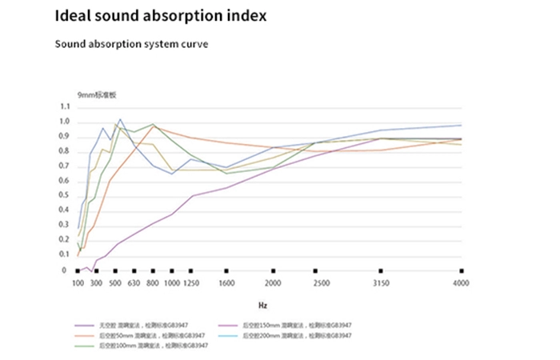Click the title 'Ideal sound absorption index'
pyautogui.click(x=160, y=16)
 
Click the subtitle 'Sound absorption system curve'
pyautogui.click(x=131, y=44)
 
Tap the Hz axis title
pyautogui.click(x=263, y=305)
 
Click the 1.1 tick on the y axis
pyautogui.click(x=65, y=106)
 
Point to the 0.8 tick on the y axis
pyautogui.click(x=65, y=151)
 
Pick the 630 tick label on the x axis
pyautogui.click(x=134, y=284)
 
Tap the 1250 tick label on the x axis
pyautogui.click(x=190, y=284)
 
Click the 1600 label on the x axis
pyautogui.click(x=227, y=284)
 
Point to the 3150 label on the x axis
pyautogui.click(x=381, y=284)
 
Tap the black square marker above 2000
pyautogui.click(x=274, y=271)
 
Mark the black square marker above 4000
pyautogui.click(x=462, y=271)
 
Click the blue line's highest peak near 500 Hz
pyautogui.click(x=120, y=120)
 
